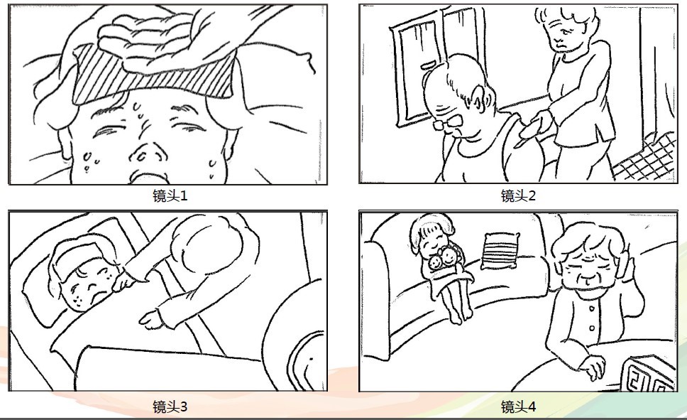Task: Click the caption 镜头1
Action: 170,195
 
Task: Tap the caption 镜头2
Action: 518,195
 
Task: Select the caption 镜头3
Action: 170,406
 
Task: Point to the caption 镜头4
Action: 518,406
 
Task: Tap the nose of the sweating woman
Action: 148,151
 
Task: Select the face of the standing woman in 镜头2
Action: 563,35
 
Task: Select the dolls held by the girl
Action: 443,259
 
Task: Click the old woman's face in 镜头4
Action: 587,268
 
